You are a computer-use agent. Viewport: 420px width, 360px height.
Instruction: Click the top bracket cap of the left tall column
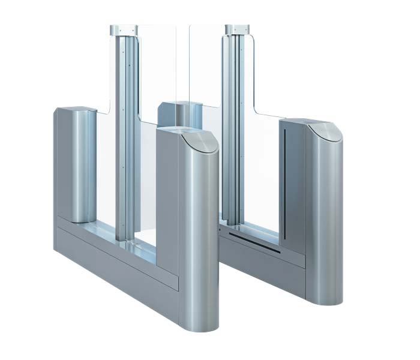[x=124, y=29]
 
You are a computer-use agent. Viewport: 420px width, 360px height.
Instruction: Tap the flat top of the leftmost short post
[x=76, y=110]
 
